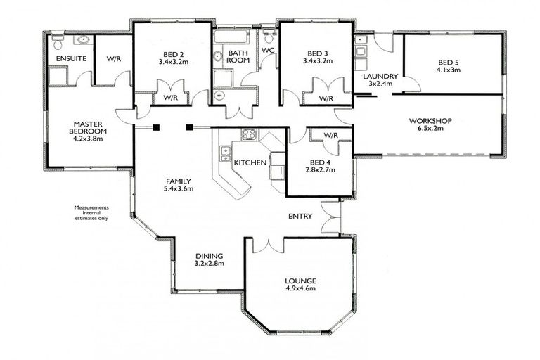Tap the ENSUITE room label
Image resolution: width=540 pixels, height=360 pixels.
71,59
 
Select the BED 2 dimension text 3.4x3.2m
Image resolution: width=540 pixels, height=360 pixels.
172,61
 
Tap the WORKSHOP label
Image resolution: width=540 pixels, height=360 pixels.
430,120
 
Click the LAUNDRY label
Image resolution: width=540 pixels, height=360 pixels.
380,77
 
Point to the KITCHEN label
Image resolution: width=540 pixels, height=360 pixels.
250,162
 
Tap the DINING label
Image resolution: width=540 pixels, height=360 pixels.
209,256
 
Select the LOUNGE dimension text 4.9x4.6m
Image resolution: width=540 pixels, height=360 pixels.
300,288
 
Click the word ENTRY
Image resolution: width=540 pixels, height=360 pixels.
300,216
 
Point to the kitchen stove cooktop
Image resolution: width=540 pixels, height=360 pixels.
249,135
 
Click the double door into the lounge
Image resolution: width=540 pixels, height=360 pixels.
269,245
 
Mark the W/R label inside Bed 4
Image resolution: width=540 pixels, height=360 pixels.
332,135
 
